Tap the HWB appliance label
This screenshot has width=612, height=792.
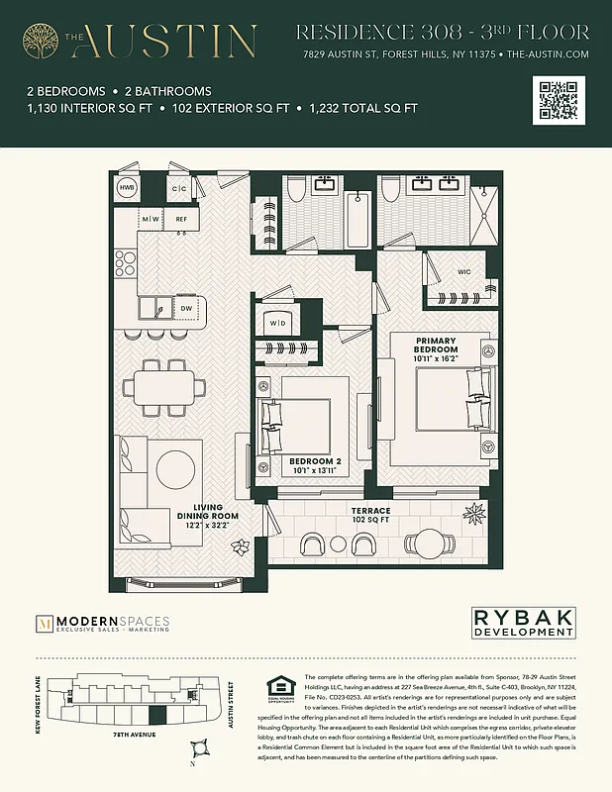(127, 186)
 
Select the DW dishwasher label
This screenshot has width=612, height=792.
(186, 309)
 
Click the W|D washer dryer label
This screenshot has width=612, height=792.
(277, 322)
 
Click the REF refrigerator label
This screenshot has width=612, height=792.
(181, 219)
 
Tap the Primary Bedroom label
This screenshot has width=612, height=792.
(436, 345)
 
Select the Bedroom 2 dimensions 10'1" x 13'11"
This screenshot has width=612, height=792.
(315, 472)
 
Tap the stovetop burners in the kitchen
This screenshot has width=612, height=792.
(126, 263)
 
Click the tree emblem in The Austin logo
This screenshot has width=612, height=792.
(43, 40)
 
